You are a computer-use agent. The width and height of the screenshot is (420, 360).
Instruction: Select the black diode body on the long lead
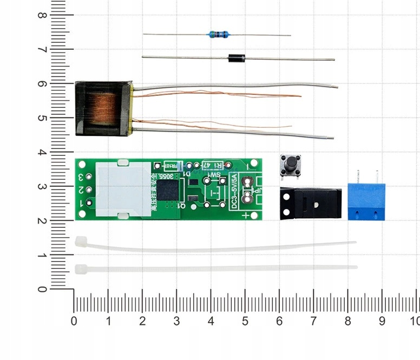(237, 58)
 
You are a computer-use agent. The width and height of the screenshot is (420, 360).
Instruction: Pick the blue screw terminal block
(366, 201)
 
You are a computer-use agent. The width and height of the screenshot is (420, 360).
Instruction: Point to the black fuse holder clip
(311, 203)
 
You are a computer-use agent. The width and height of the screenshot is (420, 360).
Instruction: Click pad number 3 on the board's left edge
(81, 177)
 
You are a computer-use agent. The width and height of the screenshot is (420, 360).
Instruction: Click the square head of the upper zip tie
(81, 241)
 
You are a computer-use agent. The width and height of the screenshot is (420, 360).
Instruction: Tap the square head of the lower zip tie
(81, 269)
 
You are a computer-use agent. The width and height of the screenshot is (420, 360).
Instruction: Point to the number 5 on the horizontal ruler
(245, 321)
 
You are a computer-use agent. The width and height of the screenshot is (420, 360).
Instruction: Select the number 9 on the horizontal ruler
(382, 321)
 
